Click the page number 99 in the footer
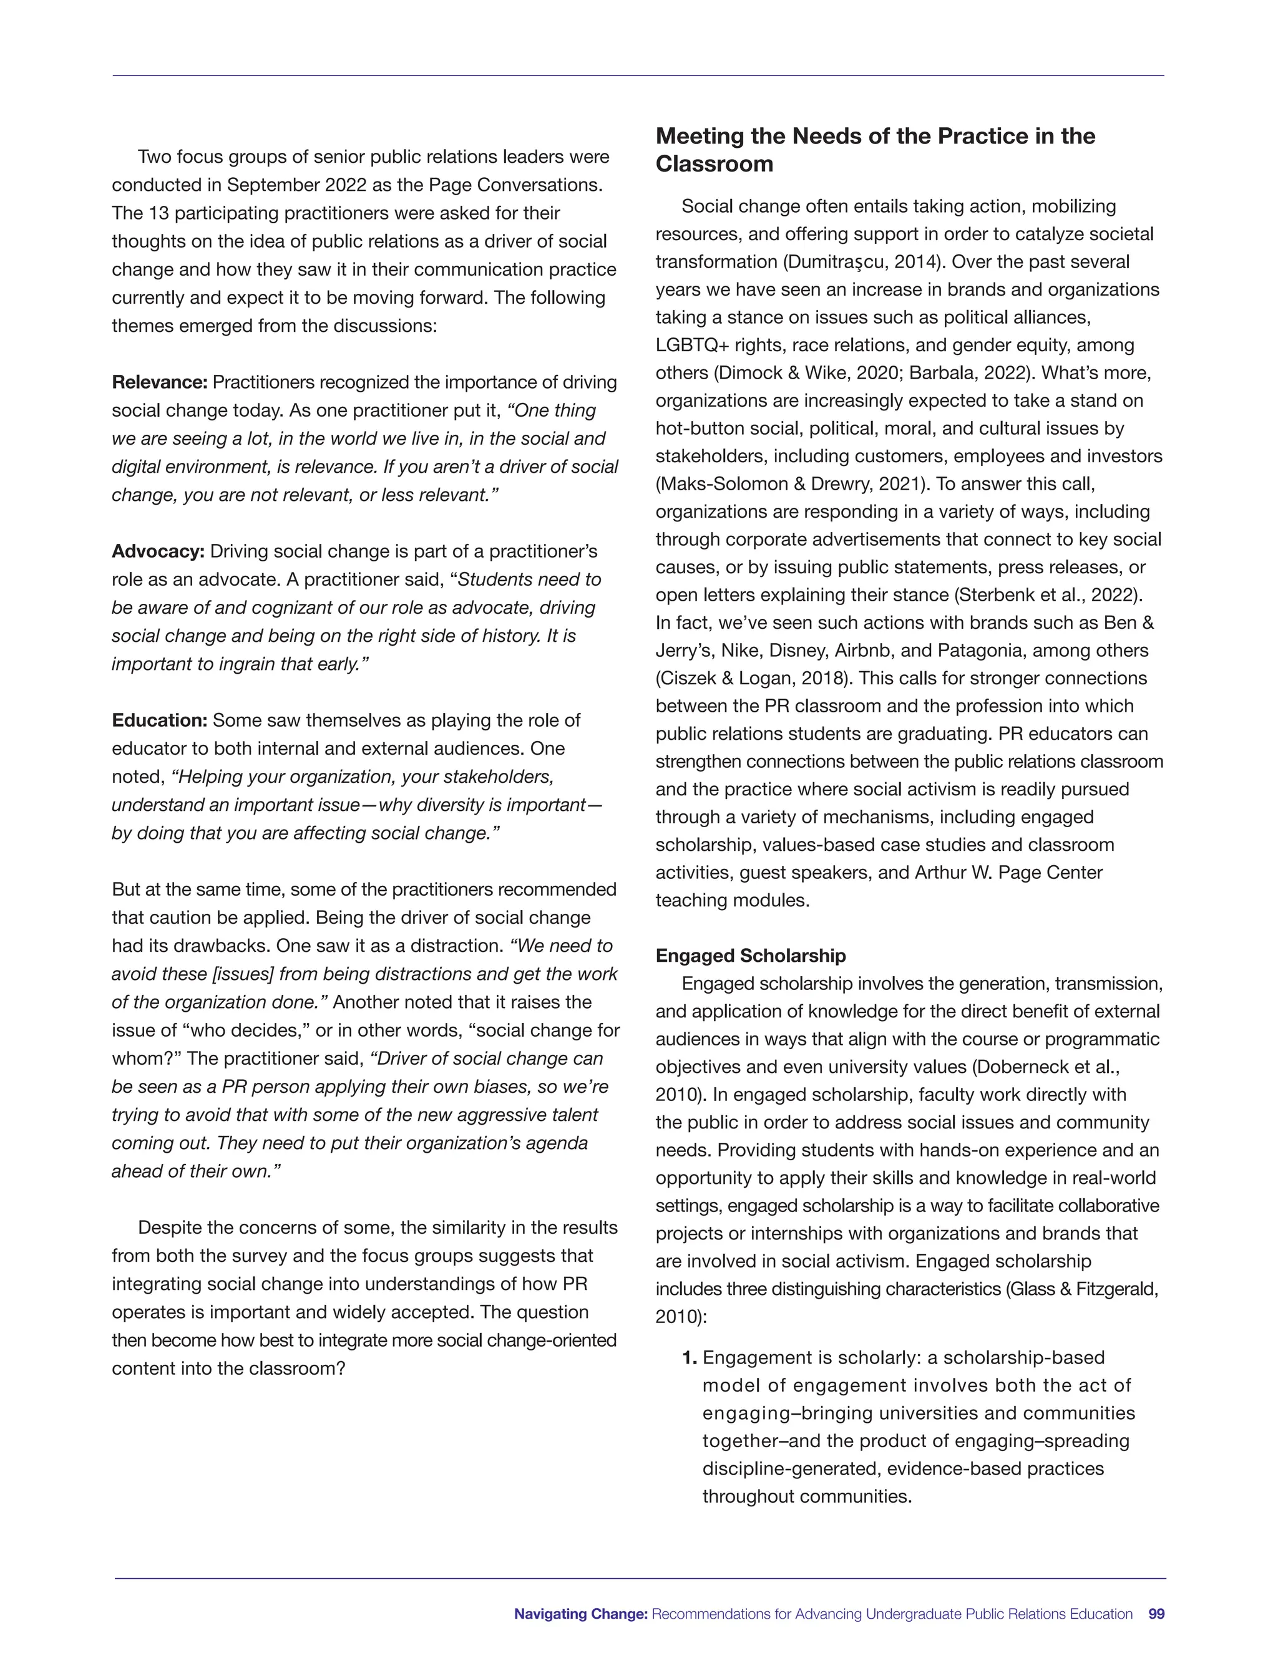click(x=1156, y=1614)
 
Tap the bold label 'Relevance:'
click(x=159, y=382)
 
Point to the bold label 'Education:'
click(x=159, y=720)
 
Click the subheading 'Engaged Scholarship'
click(x=750, y=955)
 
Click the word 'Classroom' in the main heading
click(x=714, y=164)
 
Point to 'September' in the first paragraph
click(x=269, y=185)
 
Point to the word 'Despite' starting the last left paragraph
click(x=170, y=1227)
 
